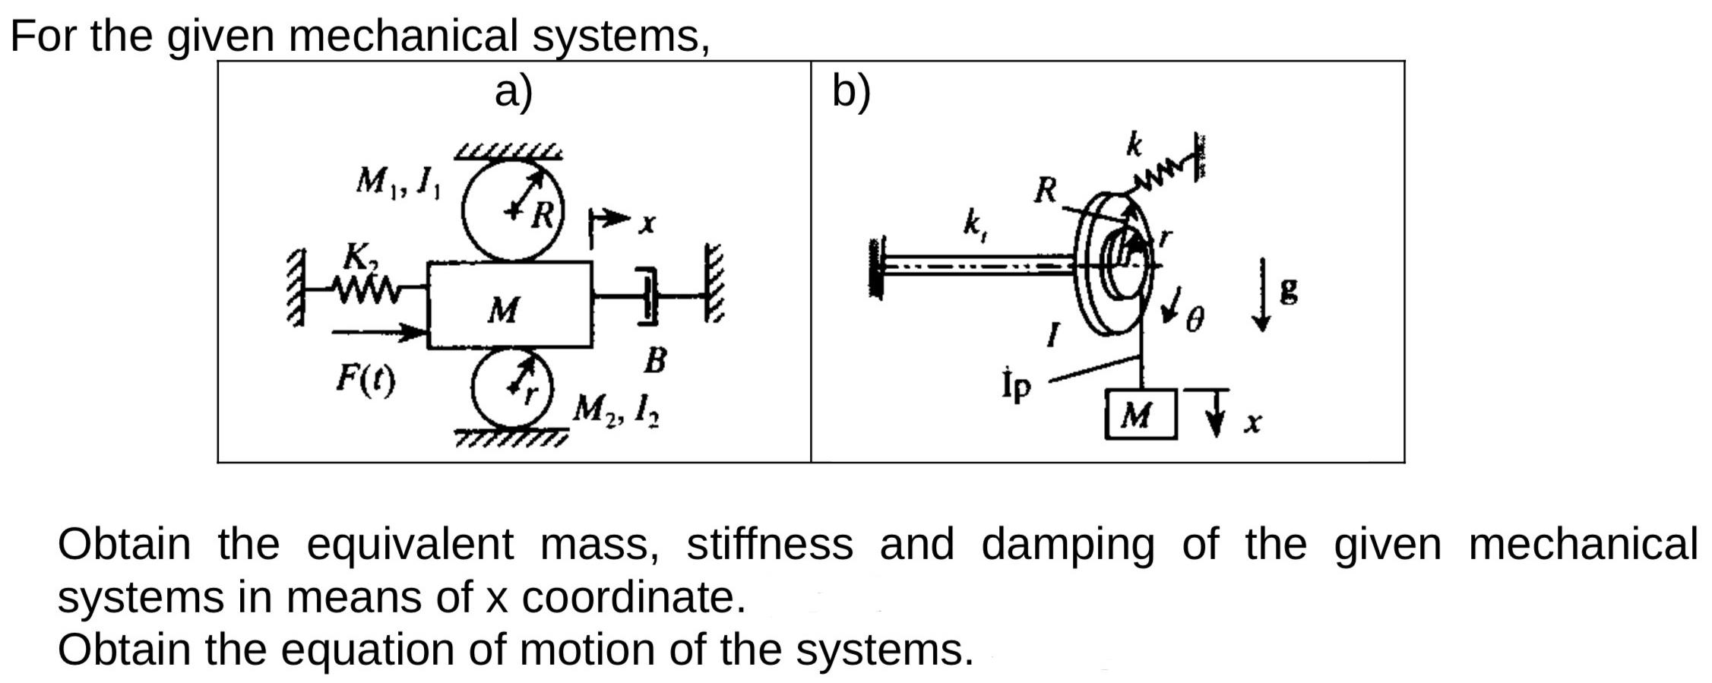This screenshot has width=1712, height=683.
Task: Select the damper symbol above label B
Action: (x=647, y=296)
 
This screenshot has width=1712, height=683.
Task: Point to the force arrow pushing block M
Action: (x=377, y=331)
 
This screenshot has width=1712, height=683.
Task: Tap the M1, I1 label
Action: (x=397, y=182)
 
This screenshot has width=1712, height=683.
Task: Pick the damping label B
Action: (x=655, y=360)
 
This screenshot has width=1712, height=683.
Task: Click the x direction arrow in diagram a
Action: (x=612, y=221)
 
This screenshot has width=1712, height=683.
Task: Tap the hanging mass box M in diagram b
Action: (x=1140, y=415)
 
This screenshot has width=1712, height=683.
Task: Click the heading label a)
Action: (x=514, y=92)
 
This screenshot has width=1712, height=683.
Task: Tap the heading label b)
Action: (x=851, y=92)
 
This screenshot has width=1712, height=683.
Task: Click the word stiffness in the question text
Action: (x=769, y=545)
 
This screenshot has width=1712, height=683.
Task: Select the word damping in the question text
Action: (x=1067, y=545)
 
